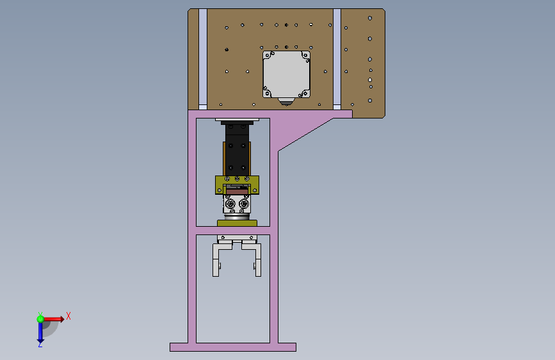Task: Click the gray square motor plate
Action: click(x=286, y=74)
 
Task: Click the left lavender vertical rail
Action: click(x=203, y=59)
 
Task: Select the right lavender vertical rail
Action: click(x=337, y=59)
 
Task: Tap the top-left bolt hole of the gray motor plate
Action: click(x=268, y=56)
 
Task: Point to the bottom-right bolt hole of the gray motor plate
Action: click(x=305, y=94)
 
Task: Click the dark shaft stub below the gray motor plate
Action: click(x=286, y=102)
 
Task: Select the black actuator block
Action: click(x=237, y=149)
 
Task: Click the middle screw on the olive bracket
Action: click(x=237, y=179)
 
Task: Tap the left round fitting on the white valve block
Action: click(x=230, y=204)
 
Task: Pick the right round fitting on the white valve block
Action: click(x=244, y=204)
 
